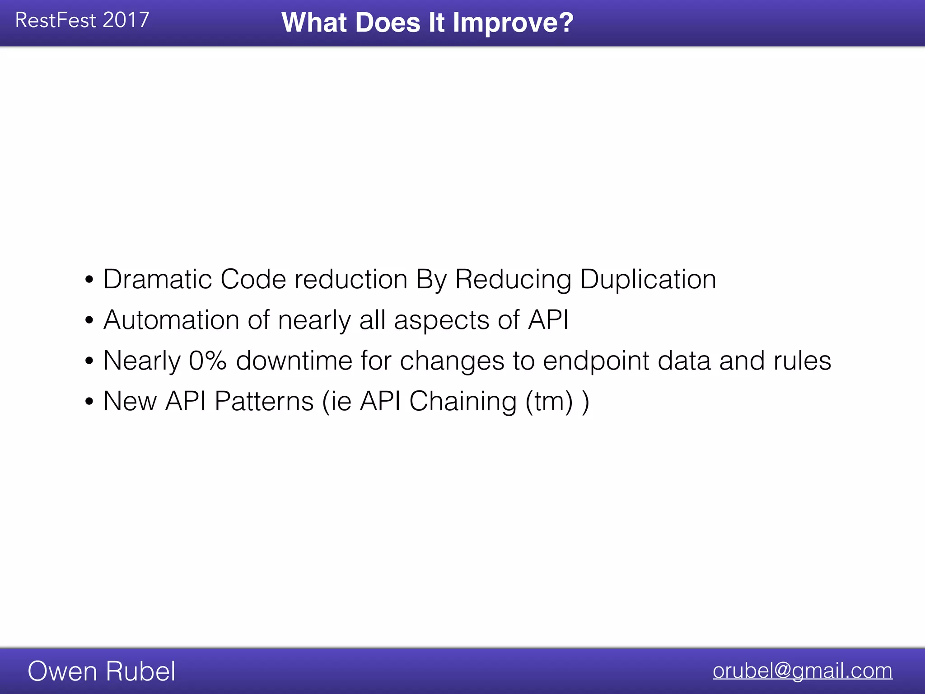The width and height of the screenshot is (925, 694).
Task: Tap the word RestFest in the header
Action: [56, 20]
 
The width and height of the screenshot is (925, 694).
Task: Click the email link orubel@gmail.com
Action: [802, 671]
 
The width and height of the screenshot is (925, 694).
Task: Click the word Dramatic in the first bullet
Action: [158, 279]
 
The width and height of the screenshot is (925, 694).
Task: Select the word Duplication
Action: [648, 279]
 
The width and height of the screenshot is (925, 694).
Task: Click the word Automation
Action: [171, 320]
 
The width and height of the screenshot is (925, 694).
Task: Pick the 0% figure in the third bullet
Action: [207, 361]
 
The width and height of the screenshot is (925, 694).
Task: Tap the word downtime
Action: [294, 361]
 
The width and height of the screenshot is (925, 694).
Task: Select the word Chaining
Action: [462, 401]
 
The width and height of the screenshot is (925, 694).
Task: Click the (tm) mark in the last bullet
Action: [549, 401]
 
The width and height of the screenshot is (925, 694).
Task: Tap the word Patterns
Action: [264, 401]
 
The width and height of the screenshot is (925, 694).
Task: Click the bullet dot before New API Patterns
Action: [89, 401]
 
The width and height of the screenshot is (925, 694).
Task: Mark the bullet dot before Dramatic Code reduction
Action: [89, 279]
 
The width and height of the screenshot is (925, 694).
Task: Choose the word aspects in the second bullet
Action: [441, 321]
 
